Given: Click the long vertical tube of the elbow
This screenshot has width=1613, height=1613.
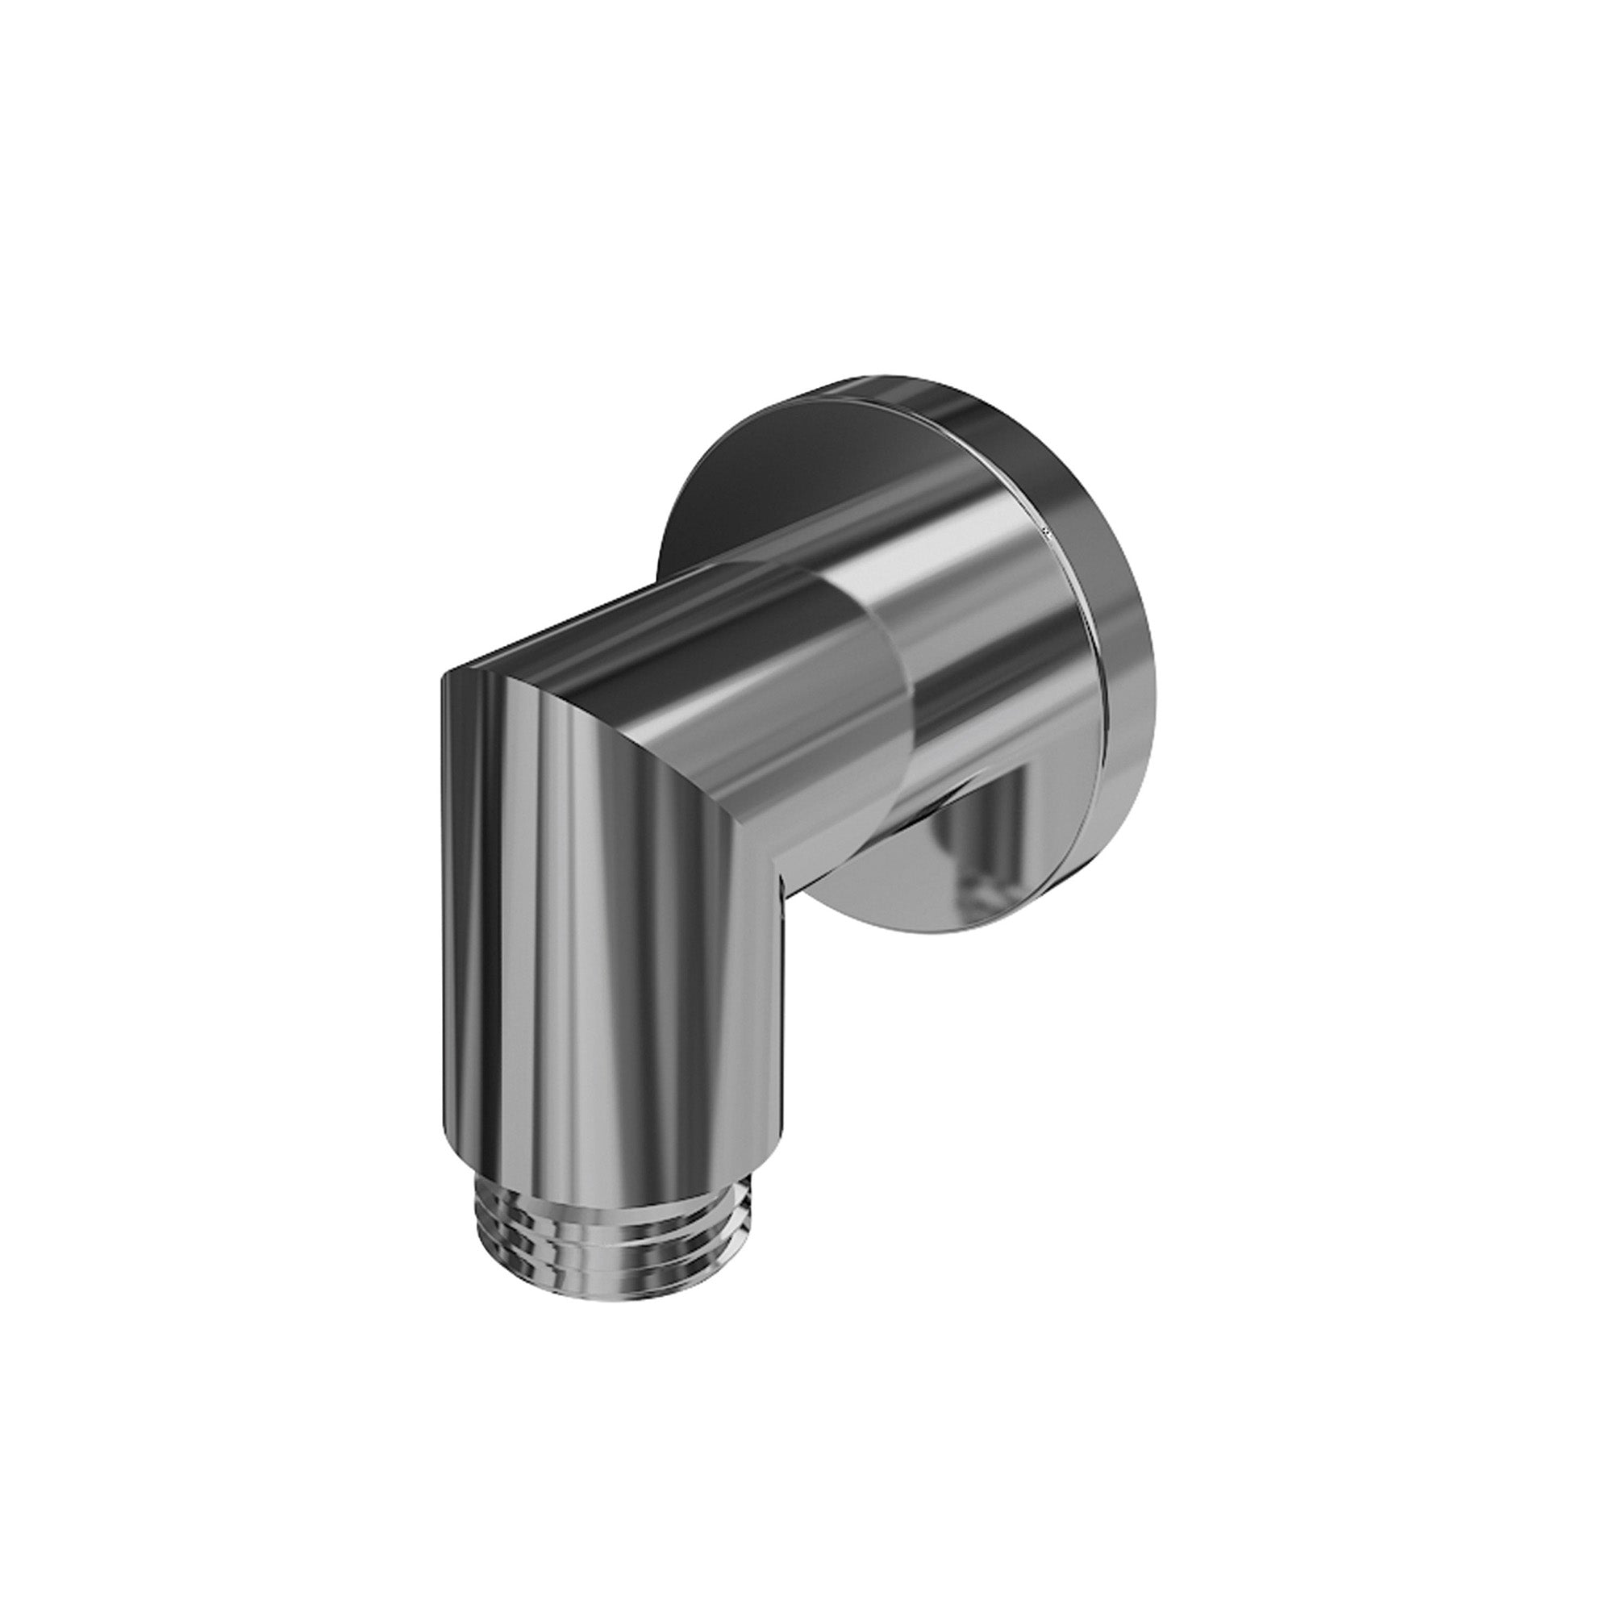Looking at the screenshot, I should pyautogui.click(x=610, y=960).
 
